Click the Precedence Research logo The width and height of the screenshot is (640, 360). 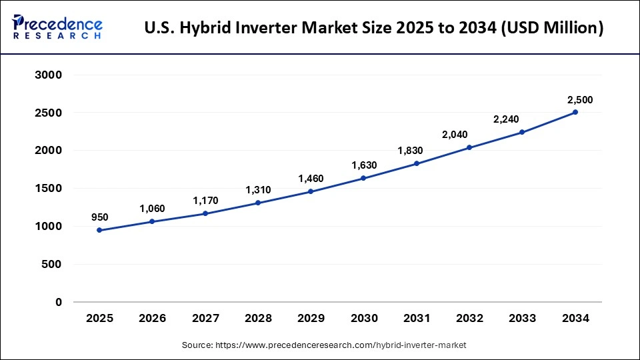coord(57,27)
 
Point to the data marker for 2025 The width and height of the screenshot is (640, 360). coord(99,230)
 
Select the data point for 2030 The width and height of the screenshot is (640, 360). coord(363,178)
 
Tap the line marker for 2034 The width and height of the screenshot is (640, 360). coord(575,113)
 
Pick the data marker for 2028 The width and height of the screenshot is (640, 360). coord(258,203)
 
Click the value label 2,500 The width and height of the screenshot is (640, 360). coord(579,100)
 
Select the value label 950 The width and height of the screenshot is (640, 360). coord(99,217)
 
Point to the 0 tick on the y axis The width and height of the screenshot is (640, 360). coord(58,302)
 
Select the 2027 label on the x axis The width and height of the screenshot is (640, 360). coord(205,319)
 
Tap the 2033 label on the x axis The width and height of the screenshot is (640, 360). coord(523,319)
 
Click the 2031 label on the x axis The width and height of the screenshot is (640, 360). coord(417,319)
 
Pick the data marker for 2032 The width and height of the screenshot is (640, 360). coord(469,147)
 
